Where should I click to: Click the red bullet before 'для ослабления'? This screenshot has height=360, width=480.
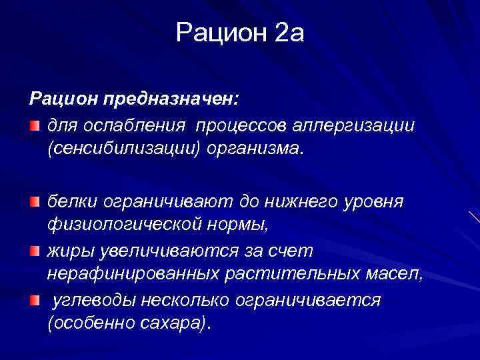(x=34, y=125)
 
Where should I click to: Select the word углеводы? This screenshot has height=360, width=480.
(x=93, y=301)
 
